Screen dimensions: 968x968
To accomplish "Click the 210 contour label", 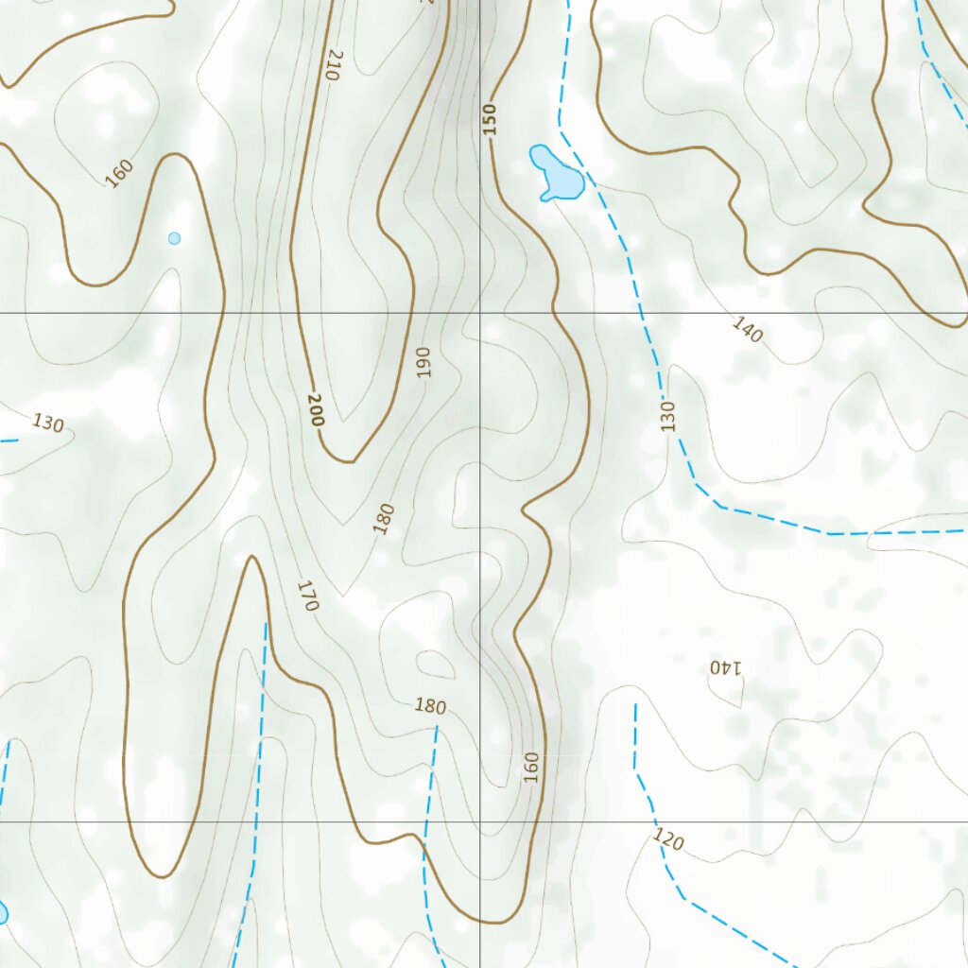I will (x=332, y=64).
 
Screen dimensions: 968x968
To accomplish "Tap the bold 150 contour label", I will (x=489, y=119).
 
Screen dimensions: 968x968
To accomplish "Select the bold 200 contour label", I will (x=316, y=409).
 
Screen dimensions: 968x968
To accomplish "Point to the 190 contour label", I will (x=423, y=362).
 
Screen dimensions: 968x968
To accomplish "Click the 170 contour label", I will (x=307, y=596).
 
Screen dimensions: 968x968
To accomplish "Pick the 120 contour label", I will (x=668, y=838).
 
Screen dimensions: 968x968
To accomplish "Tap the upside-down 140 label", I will (x=726, y=666).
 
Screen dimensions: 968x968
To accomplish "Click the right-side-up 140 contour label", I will (x=747, y=330).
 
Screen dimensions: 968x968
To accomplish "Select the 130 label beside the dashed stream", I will (x=669, y=416).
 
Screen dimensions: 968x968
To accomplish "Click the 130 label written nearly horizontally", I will (x=47, y=423).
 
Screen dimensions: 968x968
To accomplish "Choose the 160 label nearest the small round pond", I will (x=119, y=173).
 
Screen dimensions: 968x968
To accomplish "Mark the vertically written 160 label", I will (x=531, y=766).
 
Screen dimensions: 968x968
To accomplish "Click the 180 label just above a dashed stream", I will (x=430, y=706).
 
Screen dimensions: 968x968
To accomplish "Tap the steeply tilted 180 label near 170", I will (x=383, y=519).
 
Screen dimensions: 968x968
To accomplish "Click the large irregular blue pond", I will (x=557, y=174).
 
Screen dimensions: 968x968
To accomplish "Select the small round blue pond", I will (x=174, y=238).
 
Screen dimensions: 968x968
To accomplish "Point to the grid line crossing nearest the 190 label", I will (x=480, y=313).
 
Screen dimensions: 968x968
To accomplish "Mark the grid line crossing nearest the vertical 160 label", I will (x=480, y=821).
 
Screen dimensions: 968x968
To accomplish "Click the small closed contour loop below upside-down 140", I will (x=729, y=693).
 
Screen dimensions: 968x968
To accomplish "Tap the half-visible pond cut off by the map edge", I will (x=2, y=912).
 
